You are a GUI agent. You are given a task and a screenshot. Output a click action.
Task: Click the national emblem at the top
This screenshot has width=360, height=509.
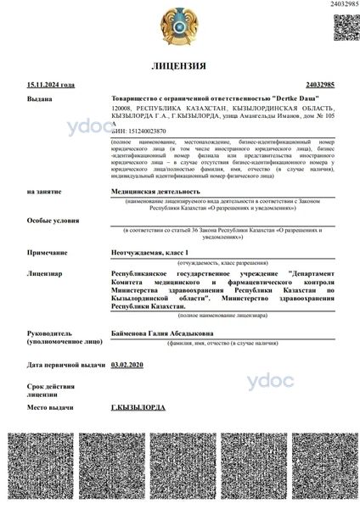tap(179, 25)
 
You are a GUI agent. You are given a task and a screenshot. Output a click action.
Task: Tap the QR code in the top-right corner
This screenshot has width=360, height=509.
tap(344, 26)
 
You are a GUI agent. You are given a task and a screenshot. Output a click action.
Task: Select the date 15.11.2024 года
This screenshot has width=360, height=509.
tap(50, 86)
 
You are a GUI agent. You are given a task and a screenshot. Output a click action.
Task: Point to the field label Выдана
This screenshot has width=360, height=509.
tap(39, 98)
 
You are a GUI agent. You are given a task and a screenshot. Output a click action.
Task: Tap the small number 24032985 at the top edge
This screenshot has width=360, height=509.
tap(341, 4)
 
